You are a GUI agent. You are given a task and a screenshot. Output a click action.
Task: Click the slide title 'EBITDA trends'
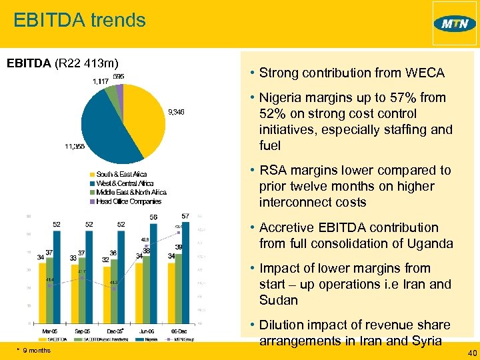pyautogui.click(x=79, y=20)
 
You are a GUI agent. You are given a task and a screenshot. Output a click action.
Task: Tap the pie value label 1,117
pyautogui.click(x=99, y=81)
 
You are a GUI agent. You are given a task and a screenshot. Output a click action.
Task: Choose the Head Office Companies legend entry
pyautogui.click(x=128, y=201)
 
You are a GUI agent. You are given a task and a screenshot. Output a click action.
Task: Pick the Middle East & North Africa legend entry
pyautogui.click(x=131, y=192)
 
